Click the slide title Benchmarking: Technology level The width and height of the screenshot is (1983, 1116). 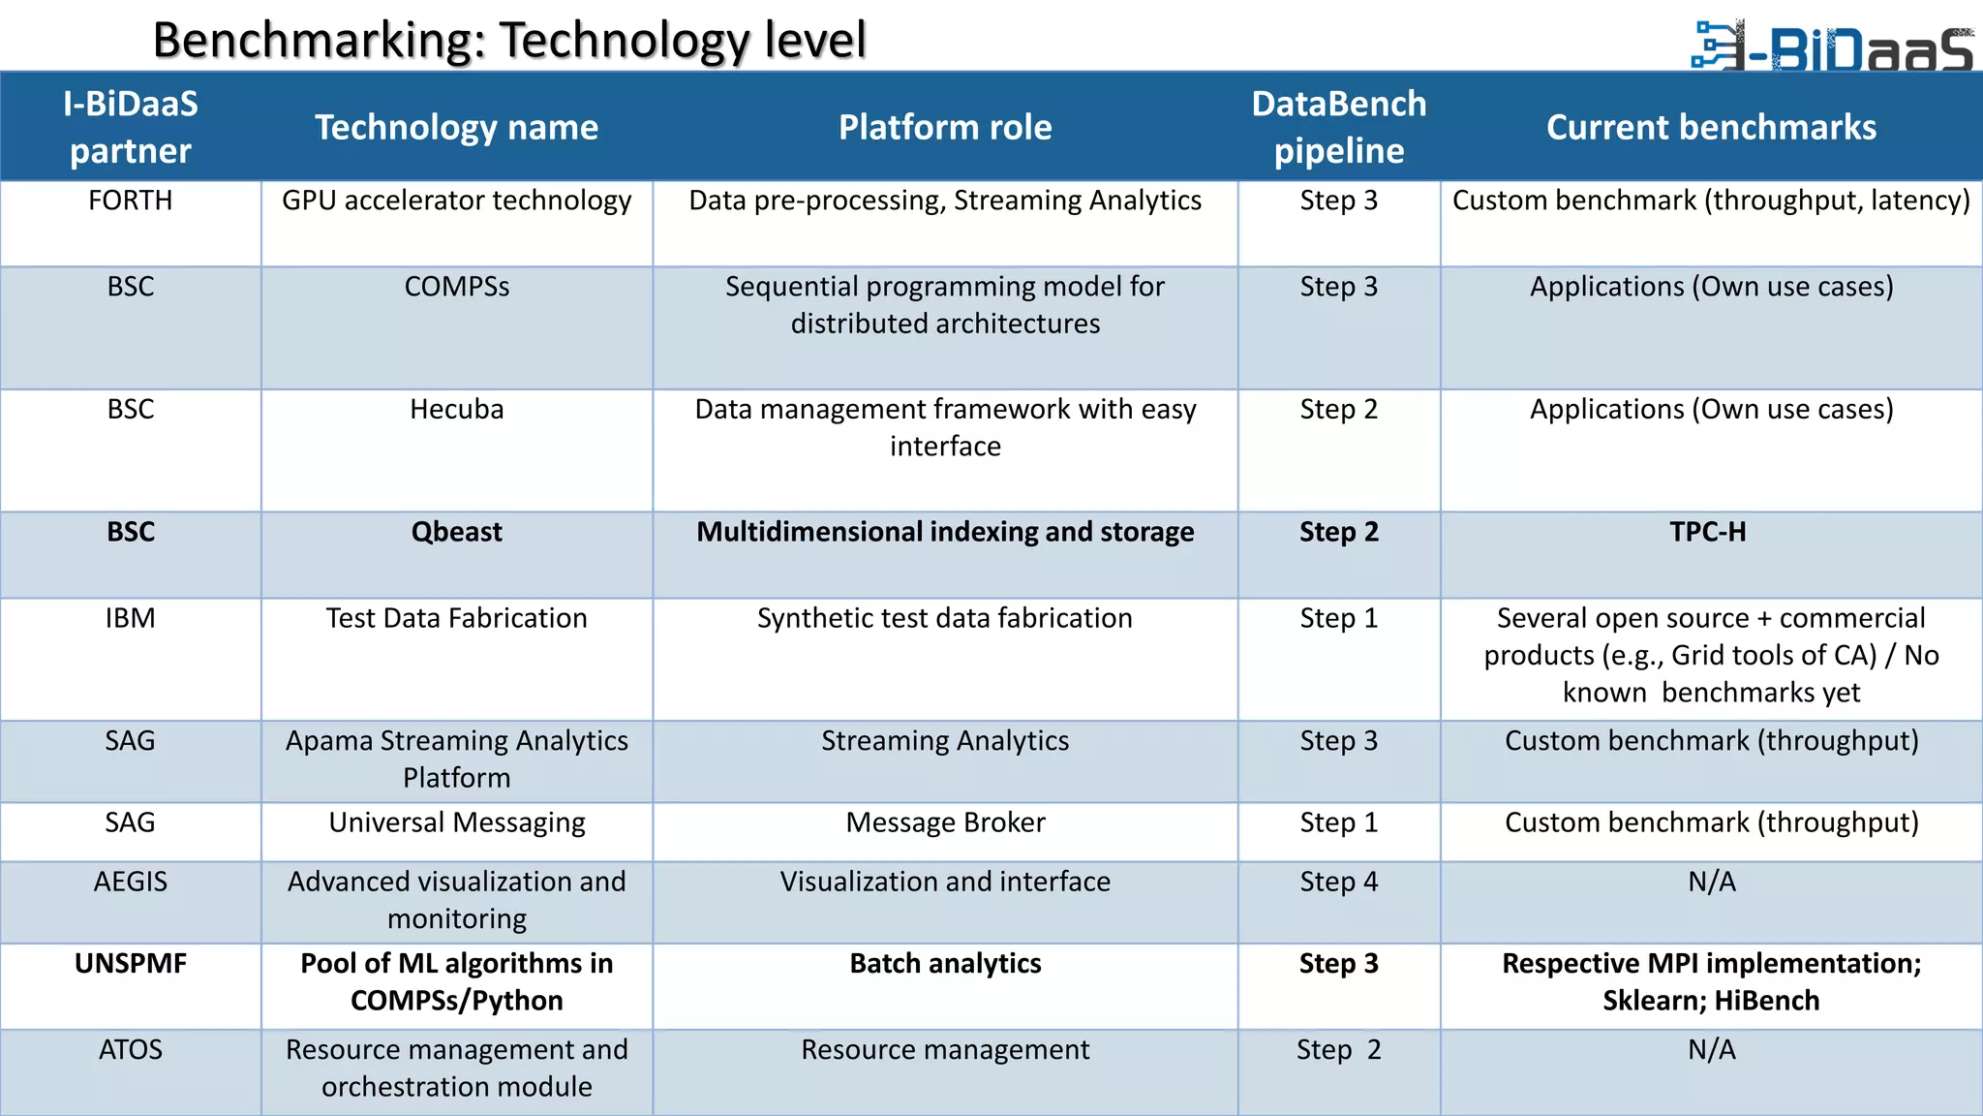508,41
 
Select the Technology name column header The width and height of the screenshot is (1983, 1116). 456,127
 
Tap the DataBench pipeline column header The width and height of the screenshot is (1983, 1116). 1338,127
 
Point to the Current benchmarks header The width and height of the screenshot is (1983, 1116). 1710,127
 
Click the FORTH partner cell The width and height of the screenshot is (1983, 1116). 130,201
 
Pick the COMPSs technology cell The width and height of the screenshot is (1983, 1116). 456,287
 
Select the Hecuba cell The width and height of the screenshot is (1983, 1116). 456,409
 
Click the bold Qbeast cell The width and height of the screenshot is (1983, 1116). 456,532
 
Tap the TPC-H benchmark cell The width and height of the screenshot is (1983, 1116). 1708,532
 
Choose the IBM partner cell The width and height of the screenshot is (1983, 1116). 130,618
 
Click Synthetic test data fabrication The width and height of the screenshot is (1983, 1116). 944,618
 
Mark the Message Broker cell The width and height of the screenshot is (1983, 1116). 944,822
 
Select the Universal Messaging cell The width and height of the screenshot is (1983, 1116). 456,822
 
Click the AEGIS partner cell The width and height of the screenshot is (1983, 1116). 130,882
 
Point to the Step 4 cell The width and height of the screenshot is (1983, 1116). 1338,882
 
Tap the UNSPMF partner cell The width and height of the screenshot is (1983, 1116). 130,964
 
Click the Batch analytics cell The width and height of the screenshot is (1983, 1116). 944,964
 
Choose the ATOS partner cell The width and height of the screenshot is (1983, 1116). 130,1050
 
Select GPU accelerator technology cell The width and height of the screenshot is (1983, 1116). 456,201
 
